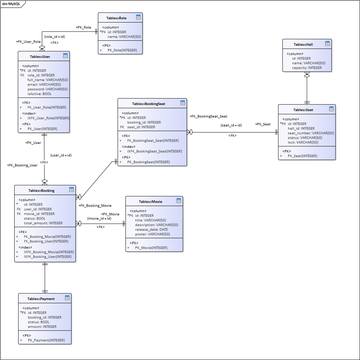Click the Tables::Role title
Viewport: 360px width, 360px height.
[116, 18]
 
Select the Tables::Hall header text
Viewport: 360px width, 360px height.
[303, 45]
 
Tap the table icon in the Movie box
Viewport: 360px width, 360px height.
[179, 201]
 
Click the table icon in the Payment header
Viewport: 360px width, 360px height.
[67, 298]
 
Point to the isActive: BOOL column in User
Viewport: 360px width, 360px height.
[40, 94]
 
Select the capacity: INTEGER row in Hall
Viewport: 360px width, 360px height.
[307, 68]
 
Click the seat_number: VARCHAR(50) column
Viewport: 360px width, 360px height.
[311, 133]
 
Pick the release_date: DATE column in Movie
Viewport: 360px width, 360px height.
[151, 230]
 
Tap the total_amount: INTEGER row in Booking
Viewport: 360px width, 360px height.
[43, 223]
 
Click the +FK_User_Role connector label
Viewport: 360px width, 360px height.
[28, 42]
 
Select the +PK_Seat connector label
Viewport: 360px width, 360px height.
[263, 124]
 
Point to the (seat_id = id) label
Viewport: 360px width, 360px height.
[231, 125]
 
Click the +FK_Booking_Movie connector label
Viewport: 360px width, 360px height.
[95, 206]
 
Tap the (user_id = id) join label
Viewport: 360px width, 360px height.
[61, 155]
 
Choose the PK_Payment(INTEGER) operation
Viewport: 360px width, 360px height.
[46, 340]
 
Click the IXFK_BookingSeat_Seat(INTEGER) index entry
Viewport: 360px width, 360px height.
[154, 151]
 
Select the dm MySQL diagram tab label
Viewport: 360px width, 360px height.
[11, 4]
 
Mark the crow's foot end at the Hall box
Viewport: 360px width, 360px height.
[307, 74]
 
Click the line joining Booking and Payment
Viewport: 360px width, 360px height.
[45, 277]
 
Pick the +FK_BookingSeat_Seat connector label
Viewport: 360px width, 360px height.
[208, 116]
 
